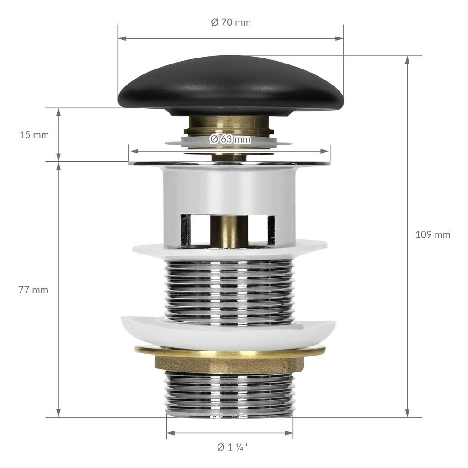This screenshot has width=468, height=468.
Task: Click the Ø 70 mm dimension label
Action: coord(231,22)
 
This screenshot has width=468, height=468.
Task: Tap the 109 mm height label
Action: coord(433,234)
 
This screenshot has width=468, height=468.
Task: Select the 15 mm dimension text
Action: coord(34,135)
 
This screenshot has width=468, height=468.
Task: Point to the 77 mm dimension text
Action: coord(33,290)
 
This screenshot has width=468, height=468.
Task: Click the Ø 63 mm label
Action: coord(230,139)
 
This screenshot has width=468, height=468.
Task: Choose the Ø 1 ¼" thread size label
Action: coord(232,447)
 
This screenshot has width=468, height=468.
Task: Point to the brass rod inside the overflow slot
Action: coord(229,231)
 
